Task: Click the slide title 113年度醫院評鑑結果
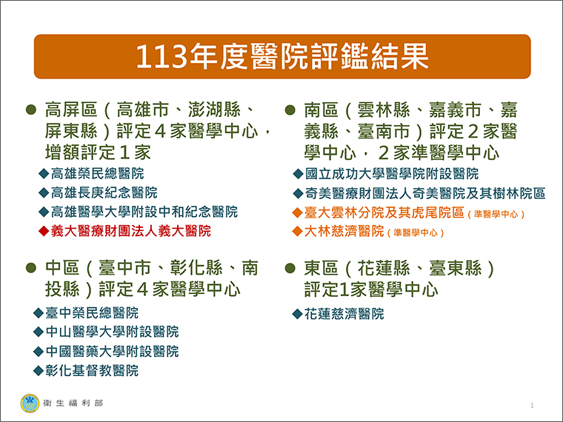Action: [282, 56]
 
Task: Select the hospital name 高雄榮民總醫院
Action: [97, 174]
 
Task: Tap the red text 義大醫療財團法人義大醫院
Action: [130, 231]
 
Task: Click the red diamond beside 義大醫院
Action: [44, 231]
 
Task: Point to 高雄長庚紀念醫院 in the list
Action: [104, 192]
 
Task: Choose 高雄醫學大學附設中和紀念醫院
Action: [144, 212]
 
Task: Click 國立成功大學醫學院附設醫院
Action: [392, 174]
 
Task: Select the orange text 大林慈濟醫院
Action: [344, 231]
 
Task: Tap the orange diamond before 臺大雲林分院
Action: [297, 212]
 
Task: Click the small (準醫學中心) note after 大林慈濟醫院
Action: [416, 233]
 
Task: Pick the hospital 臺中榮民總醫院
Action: [92, 313]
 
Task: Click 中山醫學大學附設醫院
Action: [112, 332]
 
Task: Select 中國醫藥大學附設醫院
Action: [112, 352]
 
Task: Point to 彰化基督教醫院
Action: [92, 371]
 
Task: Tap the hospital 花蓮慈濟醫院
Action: [344, 314]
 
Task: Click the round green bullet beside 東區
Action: [290, 268]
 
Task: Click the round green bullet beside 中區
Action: [31, 268]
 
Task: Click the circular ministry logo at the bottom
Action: [30, 403]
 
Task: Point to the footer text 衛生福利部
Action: [73, 403]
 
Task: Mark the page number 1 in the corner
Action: [532, 406]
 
